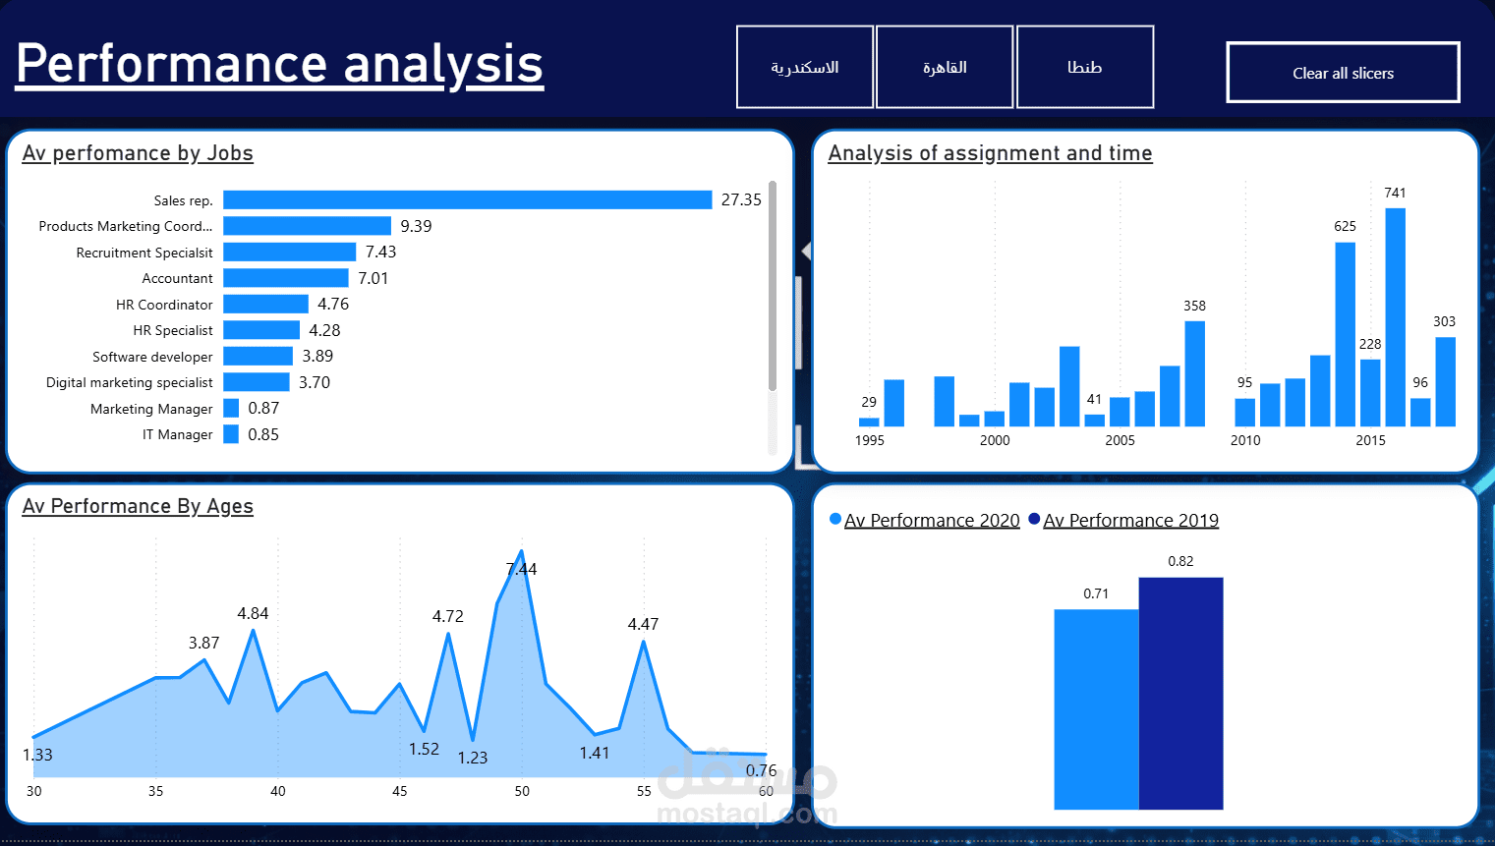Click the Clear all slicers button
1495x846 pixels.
[x=1343, y=73]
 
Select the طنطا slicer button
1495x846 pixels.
[x=1084, y=67]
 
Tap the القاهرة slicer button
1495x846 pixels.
[x=944, y=67]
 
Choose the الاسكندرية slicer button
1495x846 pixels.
[x=804, y=67]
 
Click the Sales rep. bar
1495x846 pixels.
[x=467, y=200]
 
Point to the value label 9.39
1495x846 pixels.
[x=416, y=226]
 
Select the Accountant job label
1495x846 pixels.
[x=177, y=279]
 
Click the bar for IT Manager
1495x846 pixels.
[x=231, y=434]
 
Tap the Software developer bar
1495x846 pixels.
[x=258, y=357]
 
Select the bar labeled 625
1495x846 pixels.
[x=1345, y=334]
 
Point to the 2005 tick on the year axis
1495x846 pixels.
[x=1120, y=440]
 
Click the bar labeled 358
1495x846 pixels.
[x=1194, y=373]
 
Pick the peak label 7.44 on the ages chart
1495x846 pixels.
[x=522, y=569]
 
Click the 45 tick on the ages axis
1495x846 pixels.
[x=399, y=791]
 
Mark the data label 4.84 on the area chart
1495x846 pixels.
[x=253, y=613]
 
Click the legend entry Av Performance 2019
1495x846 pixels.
[x=1130, y=521]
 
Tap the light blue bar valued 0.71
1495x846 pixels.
[x=1096, y=708]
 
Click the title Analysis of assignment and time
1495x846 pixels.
[x=990, y=153]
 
